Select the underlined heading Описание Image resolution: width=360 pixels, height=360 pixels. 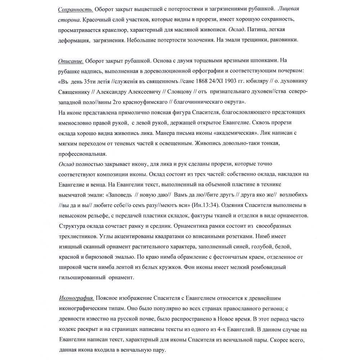coord(71,60)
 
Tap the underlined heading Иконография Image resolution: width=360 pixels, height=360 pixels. coord(76,298)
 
